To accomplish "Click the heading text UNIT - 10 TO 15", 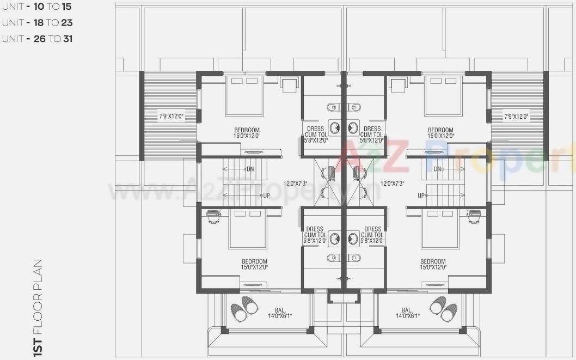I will click(x=36, y=7).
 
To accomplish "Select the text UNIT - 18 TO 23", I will click(x=37, y=23).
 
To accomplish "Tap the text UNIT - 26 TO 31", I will click(x=37, y=39).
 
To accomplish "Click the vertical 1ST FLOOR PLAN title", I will click(x=38, y=308).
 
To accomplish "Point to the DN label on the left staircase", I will click(x=250, y=169).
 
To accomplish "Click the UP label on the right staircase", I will click(x=421, y=196).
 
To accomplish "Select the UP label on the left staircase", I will click(x=266, y=196).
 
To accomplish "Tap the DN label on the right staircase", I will click(x=438, y=169).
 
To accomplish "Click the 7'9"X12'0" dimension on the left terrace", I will click(x=170, y=116).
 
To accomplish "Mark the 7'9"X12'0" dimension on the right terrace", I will click(x=516, y=116).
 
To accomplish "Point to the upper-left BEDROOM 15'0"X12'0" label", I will click(x=247, y=133).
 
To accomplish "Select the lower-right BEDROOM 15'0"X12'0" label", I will click(x=433, y=264).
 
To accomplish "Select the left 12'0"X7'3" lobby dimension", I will click(x=295, y=184).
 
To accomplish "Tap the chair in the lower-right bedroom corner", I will click(x=474, y=217).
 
